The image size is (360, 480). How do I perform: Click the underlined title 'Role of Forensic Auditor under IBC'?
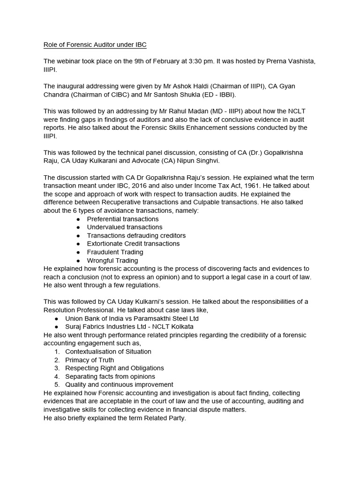(x=95, y=45)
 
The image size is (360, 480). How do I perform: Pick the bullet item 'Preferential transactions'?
(x=123, y=219)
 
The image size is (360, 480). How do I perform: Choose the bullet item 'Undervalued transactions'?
(x=125, y=227)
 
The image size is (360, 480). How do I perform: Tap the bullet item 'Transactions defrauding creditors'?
(x=136, y=235)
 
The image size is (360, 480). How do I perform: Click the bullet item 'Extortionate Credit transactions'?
(x=133, y=244)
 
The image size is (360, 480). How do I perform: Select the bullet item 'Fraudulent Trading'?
(x=115, y=252)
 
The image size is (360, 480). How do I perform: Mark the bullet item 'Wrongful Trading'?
(x=112, y=260)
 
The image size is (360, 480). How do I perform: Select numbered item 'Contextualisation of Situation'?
(x=108, y=352)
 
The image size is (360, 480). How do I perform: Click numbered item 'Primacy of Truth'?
(x=90, y=360)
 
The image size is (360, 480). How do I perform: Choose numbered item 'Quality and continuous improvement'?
(x=119, y=385)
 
